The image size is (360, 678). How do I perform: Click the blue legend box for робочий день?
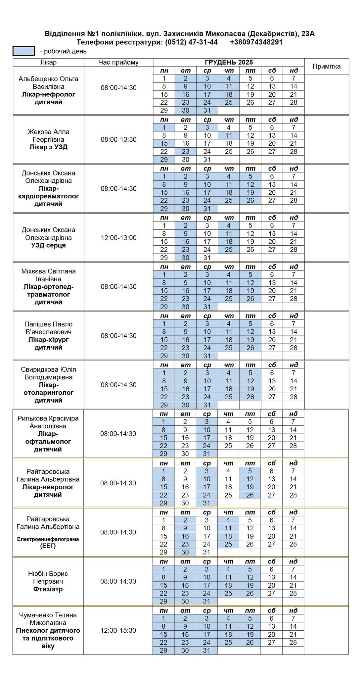[x=23, y=51]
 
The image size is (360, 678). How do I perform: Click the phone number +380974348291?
[x=256, y=42]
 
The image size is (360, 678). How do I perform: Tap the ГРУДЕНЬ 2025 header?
[x=229, y=62]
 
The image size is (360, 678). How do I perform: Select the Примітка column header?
[x=326, y=66]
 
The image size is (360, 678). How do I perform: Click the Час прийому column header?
[x=118, y=62]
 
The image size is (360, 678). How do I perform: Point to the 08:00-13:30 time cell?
[x=118, y=139]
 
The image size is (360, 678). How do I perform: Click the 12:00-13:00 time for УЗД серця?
[x=118, y=238]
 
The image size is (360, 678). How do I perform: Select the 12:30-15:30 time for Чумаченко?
[x=118, y=630]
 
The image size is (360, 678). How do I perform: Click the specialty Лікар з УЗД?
[x=48, y=147]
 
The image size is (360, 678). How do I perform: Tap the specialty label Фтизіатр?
[x=48, y=589]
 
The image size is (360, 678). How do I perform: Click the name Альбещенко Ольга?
[x=48, y=79]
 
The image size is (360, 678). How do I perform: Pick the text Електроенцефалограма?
[x=48, y=539]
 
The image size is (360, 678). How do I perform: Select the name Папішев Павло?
[x=48, y=324]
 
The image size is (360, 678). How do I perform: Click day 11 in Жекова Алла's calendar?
[x=229, y=135]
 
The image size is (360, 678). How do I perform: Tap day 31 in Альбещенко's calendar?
[x=207, y=111]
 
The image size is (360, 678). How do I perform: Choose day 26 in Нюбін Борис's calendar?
[x=250, y=593]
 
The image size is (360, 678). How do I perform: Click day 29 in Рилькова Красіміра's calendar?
[x=163, y=454]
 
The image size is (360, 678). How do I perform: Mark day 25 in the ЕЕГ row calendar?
[x=228, y=544]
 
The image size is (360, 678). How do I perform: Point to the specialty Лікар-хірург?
[x=48, y=340]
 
